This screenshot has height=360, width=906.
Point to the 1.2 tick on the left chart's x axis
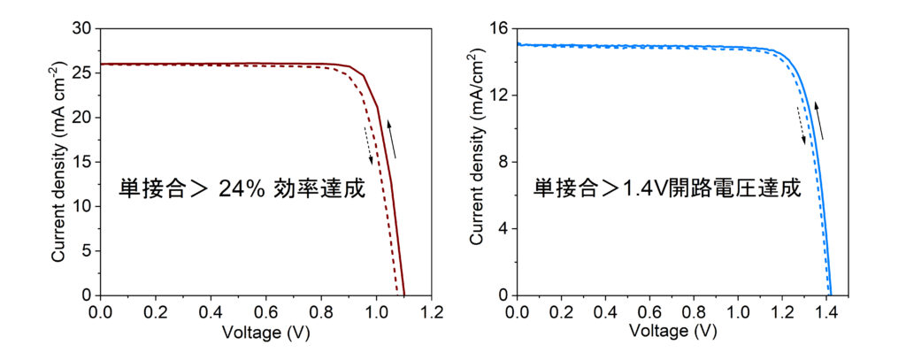tap(432, 312)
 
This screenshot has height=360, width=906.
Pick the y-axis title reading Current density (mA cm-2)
tap(58, 161)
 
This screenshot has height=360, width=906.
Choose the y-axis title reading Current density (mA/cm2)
tap(477, 161)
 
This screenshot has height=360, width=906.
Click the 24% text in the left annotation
tap(269, 189)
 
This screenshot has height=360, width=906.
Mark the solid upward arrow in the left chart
tap(391, 139)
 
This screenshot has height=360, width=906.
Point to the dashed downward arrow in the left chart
tap(368, 145)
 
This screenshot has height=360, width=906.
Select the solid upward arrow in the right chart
tap(820, 120)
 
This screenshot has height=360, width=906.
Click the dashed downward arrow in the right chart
tap(802, 125)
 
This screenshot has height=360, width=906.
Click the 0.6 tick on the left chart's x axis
tap(266, 312)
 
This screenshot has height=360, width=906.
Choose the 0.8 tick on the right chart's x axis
tap(694, 312)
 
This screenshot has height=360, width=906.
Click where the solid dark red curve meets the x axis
tap(403, 295)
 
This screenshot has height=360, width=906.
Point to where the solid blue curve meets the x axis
tap(831, 295)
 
